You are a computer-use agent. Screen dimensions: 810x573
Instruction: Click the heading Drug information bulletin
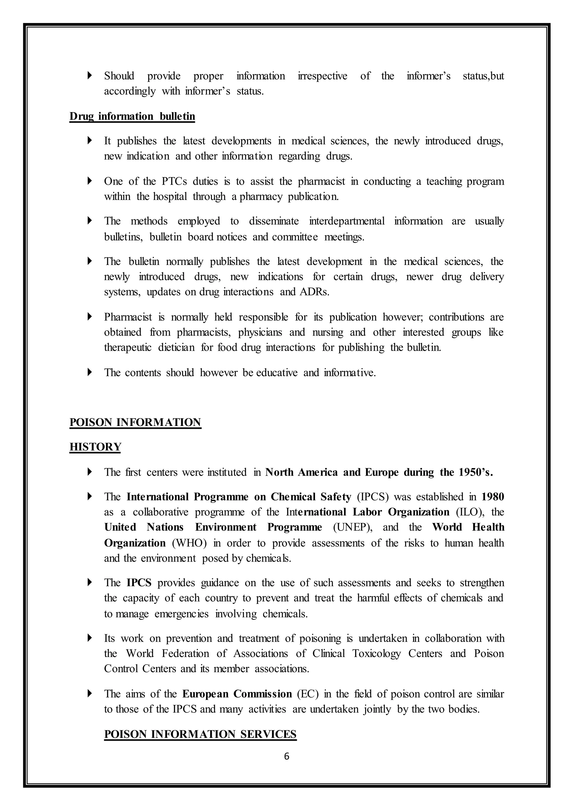tap(132, 116)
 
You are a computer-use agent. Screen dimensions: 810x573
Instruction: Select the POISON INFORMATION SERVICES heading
tap(200, 734)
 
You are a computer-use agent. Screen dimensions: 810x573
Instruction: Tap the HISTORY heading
tap(95, 447)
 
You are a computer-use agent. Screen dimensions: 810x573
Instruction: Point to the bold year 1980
tap(493, 497)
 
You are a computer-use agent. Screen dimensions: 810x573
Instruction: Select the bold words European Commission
tap(237, 694)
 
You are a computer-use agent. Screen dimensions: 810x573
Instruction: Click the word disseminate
tap(274, 221)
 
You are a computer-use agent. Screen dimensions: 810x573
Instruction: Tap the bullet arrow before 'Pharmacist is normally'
tap(90, 317)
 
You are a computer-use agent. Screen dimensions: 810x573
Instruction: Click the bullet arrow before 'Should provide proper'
tap(90, 76)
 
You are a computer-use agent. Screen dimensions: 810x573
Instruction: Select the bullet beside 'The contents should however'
tap(90, 372)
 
